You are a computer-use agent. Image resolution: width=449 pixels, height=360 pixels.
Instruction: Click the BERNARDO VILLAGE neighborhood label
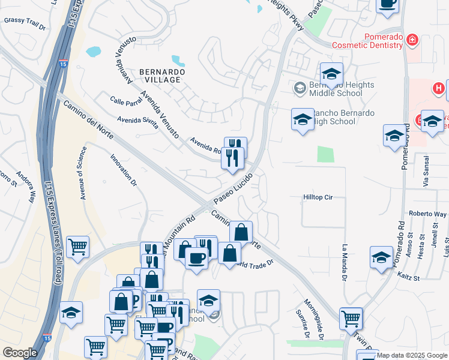click(x=161, y=76)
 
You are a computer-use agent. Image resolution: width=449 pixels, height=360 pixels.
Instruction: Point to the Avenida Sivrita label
click(x=137, y=122)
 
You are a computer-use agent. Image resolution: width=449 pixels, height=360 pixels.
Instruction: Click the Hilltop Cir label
click(x=317, y=197)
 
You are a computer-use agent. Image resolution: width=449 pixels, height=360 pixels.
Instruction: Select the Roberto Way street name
click(x=425, y=213)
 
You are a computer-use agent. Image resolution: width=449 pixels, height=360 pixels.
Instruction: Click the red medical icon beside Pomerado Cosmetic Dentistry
click(x=412, y=40)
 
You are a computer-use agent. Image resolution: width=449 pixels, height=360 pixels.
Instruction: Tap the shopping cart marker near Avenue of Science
click(x=78, y=247)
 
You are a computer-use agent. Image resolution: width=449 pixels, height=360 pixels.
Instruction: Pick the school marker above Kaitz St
click(x=381, y=257)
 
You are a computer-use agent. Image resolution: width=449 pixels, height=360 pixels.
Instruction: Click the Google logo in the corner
click(x=20, y=353)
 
